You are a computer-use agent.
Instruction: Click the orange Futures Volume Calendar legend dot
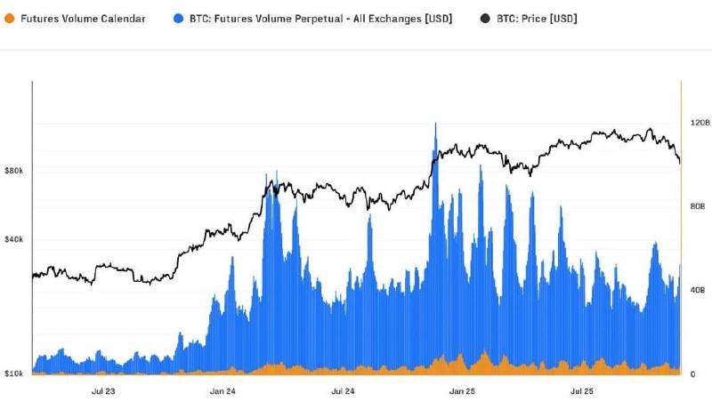[x=10, y=19]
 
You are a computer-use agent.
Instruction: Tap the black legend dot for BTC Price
[x=485, y=19]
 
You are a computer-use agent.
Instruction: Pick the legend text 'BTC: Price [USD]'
[x=540, y=19]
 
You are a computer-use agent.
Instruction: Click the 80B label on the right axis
[x=698, y=205]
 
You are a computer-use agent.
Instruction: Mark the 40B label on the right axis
[x=698, y=290]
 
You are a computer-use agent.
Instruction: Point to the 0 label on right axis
[x=693, y=374]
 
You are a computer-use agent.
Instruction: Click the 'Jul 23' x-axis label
[x=103, y=390]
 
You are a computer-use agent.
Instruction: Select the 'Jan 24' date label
[x=222, y=390]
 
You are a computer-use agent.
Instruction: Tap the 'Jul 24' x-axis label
[x=343, y=390]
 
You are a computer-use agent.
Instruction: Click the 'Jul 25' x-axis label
[x=583, y=390]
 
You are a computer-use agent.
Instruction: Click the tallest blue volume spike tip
[x=435, y=124]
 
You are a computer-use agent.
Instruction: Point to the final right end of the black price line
[x=680, y=164]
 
